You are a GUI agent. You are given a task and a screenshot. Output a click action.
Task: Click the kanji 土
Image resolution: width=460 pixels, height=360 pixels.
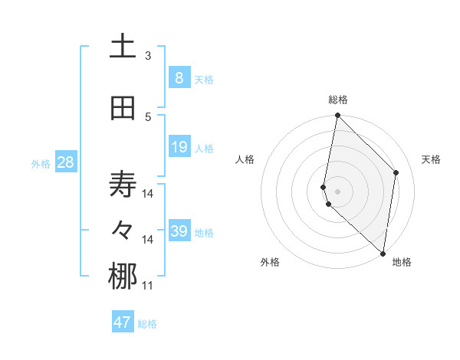pyautogui.click(x=123, y=47)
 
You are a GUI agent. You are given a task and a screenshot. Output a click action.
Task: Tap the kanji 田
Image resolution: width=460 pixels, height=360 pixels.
pyautogui.click(x=123, y=108)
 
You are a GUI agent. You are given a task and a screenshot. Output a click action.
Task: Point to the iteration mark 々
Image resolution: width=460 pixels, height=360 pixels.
pyautogui.click(x=123, y=231)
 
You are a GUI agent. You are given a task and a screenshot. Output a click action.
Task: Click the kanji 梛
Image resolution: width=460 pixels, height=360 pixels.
pyautogui.click(x=123, y=277)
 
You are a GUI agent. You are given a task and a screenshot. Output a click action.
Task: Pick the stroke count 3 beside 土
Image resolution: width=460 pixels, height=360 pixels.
pyautogui.click(x=148, y=55)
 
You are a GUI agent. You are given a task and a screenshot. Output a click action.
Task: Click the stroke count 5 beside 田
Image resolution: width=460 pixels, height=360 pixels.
pyautogui.click(x=148, y=116)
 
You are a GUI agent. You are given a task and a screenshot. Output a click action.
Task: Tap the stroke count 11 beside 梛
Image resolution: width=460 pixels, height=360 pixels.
pyautogui.click(x=148, y=286)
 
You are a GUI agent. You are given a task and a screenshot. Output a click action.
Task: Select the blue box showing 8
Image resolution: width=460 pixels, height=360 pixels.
pyautogui.click(x=179, y=78)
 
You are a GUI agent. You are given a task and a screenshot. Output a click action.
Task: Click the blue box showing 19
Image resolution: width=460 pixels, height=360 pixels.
pyautogui.click(x=179, y=147)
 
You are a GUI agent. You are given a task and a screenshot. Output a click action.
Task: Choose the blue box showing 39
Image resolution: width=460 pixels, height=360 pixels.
pyautogui.click(x=179, y=231)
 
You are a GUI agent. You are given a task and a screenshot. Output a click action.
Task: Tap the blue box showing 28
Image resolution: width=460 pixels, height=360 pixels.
pyautogui.click(x=65, y=162)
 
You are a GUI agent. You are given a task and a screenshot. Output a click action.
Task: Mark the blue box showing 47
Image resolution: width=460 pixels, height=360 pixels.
pyautogui.click(x=122, y=322)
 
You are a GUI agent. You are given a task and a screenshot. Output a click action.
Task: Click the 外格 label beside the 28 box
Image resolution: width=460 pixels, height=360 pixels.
pyautogui.click(x=41, y=163)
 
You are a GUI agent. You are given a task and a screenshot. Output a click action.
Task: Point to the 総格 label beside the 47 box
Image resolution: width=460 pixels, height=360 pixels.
pyautogui.click(x=147, y=324)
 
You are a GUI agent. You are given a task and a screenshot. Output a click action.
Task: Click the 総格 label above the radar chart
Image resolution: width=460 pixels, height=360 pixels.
pyautogui.click(x=338, y=100)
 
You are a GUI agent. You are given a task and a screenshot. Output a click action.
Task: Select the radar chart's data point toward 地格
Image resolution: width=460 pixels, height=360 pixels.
pyautogui.click(x=383, y=254)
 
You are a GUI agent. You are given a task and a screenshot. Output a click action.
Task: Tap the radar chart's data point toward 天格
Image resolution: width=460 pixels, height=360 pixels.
pyautogui.click(x=396, y=172)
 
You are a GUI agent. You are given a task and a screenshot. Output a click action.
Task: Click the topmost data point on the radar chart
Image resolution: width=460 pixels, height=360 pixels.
pyautogui.click(x=337, y=116)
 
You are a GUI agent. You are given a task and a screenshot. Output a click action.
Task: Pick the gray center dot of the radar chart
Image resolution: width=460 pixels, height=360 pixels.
pyautogui.click(x=338, y=191)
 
